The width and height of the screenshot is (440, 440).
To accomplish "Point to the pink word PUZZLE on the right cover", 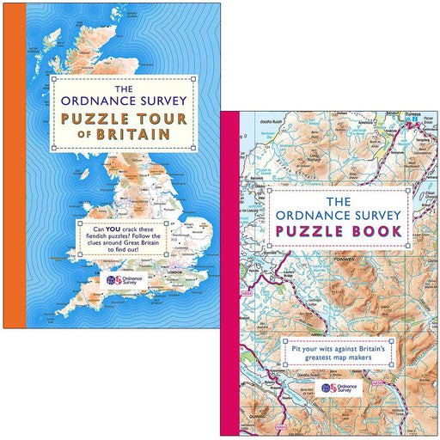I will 307,231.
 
